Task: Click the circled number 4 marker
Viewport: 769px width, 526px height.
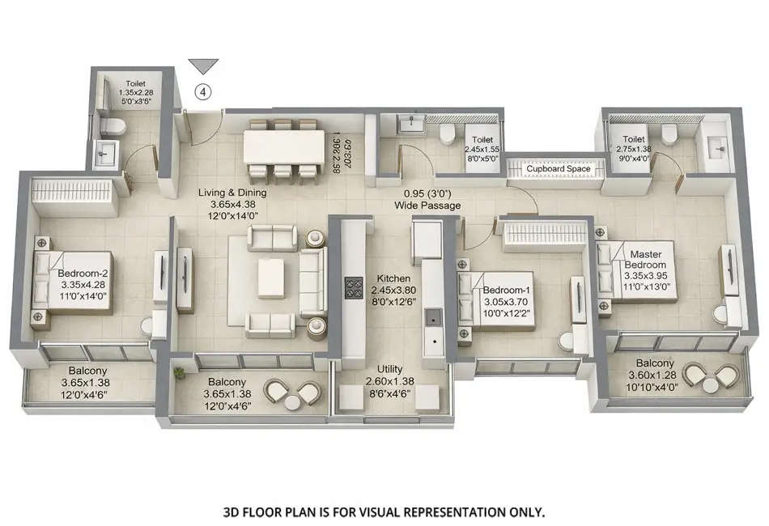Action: click(x=203, y=91)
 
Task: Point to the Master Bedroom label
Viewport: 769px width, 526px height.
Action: click(x=648, y=260)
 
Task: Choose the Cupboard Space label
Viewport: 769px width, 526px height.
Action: click(x=559, y=168)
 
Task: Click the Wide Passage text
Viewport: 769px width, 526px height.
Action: click(x=427, y=206)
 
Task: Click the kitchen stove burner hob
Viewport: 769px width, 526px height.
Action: click(x=354, y=287)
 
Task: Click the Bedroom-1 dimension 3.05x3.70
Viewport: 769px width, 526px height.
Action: click(x=505, y=302)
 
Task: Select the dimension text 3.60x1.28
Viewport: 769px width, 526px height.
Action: click(x=655, y=375)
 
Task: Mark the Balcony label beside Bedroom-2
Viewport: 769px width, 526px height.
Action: click(x=89, y=373)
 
